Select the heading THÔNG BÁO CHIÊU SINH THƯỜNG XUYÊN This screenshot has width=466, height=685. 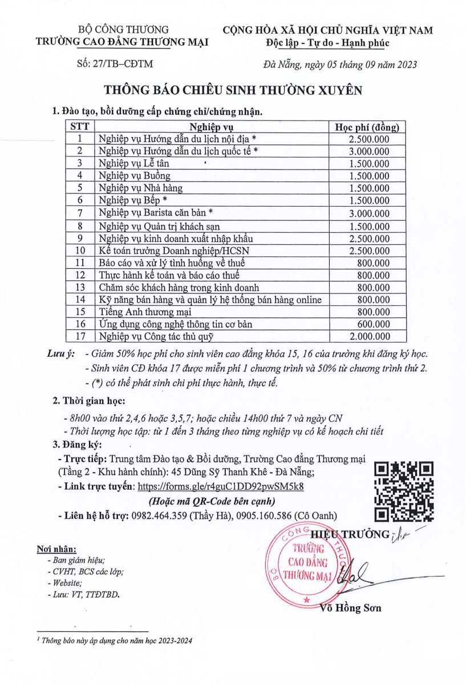point(233,90)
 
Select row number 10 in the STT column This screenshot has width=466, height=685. point(80,250)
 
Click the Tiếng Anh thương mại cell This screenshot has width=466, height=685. point(144,312)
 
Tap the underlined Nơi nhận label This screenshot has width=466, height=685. point(56,549)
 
